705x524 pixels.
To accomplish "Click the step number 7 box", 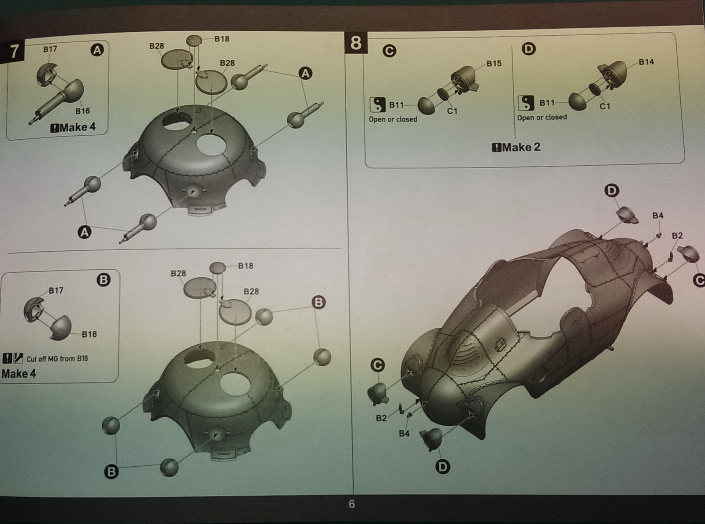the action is click(14, 52).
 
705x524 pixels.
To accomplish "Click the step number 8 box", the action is click(356, 43).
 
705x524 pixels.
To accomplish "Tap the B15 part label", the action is click(494, 63).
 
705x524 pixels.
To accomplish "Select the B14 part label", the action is click(646, 62).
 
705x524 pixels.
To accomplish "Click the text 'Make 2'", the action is click(521, 147).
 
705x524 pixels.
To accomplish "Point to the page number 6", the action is click(352, 504).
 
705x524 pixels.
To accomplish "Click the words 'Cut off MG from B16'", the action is click(57, 359).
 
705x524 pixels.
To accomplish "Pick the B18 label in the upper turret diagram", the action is click(222, 39).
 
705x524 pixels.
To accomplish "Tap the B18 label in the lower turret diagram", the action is click(246, 266).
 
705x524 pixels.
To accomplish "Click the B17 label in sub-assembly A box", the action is click(50, 49).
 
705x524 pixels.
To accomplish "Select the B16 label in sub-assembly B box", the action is click(89, 334).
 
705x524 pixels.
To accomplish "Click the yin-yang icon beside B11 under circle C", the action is click(378, 104).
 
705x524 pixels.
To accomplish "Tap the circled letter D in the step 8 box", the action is click(529, 49).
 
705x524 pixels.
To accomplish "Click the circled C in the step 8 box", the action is click(390, 51).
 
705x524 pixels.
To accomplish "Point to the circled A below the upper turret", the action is click(85, 232).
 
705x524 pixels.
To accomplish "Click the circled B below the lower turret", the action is click(111, 472).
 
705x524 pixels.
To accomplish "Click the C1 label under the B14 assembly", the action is click(605, 106).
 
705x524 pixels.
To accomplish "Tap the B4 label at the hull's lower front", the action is click(404, 433).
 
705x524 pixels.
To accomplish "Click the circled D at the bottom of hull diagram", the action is click(443, 467).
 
